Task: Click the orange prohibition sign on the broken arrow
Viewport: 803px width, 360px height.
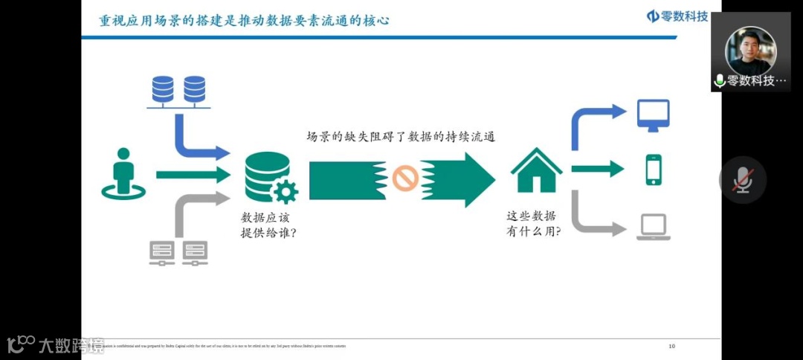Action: (x=405, y=179)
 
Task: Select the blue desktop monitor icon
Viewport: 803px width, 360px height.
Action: (x=654, y=115)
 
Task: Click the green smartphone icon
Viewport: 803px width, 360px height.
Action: (x=654, y=170)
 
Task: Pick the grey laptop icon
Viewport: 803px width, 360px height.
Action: (x=654, y=227)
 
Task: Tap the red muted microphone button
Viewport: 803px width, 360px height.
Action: (x=742, y=180)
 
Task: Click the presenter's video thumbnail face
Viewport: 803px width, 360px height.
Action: (x=750, y=47)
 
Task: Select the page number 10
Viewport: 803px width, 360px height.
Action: (x=672, y=346)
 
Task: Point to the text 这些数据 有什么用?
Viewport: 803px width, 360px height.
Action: (x=534, y=223)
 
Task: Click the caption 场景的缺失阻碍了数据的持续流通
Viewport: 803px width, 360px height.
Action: (x=401, y=137)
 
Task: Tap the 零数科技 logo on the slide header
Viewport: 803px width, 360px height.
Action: (x=677, y=16)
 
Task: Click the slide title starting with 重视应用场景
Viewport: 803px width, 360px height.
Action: (x=245, y=20)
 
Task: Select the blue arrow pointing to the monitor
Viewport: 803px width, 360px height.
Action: (x=595, y=123)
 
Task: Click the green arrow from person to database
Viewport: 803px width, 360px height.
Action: (x=192, y=176)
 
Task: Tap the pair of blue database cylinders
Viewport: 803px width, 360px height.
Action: (x=178, y=89)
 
